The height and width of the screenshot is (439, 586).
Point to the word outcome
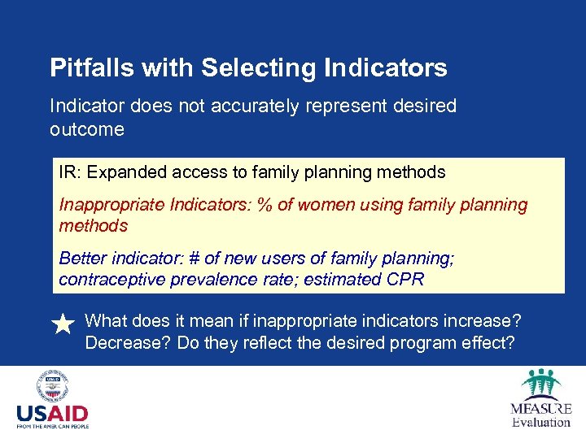click(87, 130)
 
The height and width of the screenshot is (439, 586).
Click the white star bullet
click(63, 324)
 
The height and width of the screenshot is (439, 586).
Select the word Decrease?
click(121, 343)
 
